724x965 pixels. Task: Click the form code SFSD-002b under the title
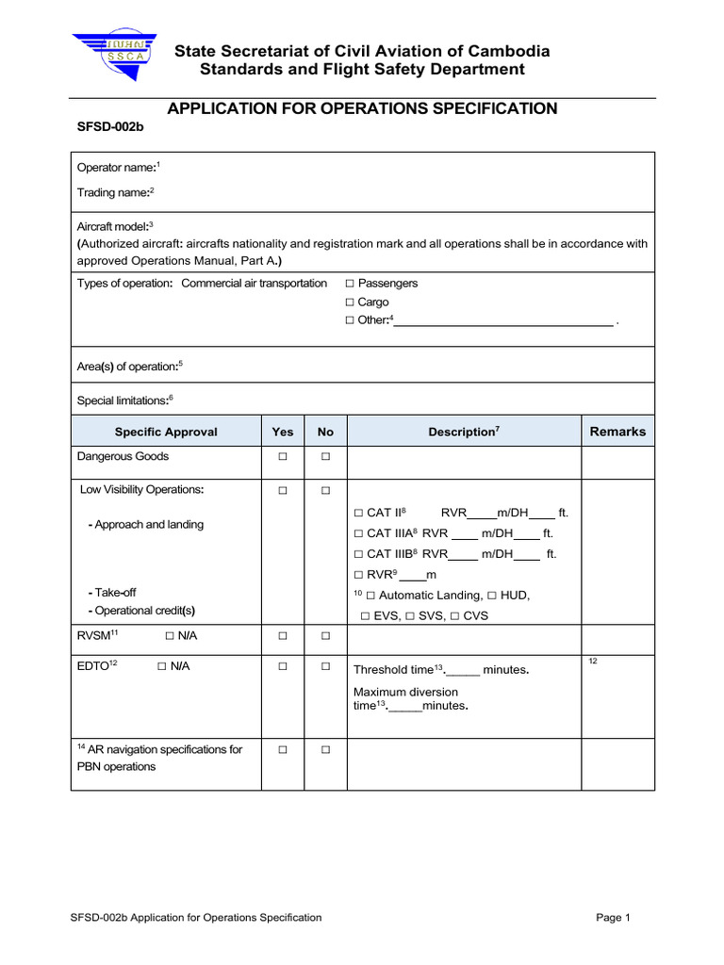(x=108, y=131)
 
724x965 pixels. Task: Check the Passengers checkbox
(x=350, y=284)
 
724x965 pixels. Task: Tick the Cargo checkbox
(x=350, y=303)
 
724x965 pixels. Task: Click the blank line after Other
(x=502, y=321)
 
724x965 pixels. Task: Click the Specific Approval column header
(x=166, y=432)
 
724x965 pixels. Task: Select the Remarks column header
(x=617, y=432)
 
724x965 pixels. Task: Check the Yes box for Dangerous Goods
(x=282, y=457)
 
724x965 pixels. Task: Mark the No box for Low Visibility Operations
(x=325, y=491)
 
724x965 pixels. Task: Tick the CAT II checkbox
(x=358, y=514)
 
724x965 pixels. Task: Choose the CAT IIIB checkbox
(x=358, y=554)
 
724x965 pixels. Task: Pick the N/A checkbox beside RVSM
(x=170, y=636)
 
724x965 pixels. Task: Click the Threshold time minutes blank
(x=463, y=671)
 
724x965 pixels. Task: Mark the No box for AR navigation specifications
(x=325, y=750)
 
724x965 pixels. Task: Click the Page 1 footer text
(x=613, y=918)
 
